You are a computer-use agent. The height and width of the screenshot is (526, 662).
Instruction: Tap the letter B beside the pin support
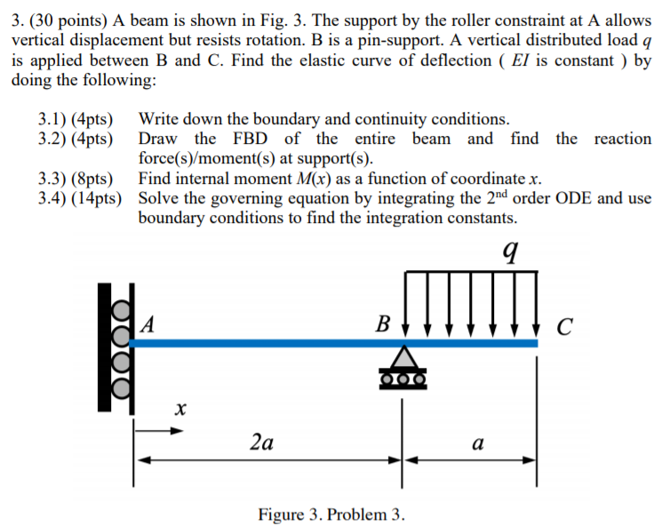[x=383, y=323]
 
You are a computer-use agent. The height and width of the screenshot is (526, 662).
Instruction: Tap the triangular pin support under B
[x=403, y=358]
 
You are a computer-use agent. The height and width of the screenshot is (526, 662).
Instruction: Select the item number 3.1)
[x=56, y=119]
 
